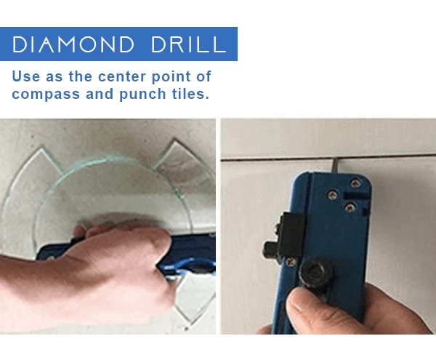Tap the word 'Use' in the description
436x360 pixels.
[x=28, y=76]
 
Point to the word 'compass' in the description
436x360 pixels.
[x=44, y=94]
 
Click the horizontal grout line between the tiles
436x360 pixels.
[x=276, y=159]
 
